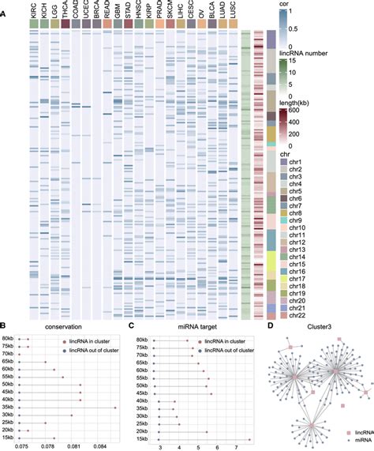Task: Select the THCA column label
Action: pos(65,11)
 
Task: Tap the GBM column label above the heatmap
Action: pos(118,11)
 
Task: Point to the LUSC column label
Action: pos(234,11)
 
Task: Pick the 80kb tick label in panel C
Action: pos(142,340)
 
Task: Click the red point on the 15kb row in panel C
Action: pos(249,438)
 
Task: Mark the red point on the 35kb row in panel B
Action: pos(115,408)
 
